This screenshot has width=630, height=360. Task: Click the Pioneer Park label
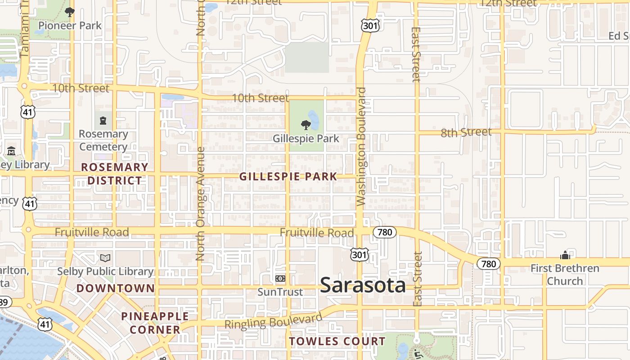tap(70, 26)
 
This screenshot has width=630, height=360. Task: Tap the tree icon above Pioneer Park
tap(69, 12)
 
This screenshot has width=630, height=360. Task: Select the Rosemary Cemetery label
tap(103, 140)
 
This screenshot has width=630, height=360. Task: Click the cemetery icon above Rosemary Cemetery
tap(103, 120)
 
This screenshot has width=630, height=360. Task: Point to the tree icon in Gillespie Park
tap(306, 125)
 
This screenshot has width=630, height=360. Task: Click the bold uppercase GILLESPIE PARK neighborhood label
tap(288, 176)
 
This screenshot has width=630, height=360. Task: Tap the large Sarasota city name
tap(363, 285)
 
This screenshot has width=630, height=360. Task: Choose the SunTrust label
tap(280, 292)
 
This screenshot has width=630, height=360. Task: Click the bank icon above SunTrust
tap(280, 279)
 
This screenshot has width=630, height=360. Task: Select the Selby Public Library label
tap(105, 271)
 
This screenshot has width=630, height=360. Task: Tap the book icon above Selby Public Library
tap(105, 258)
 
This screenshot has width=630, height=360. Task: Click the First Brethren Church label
tap(565, 274)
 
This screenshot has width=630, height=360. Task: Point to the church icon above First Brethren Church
tap(565, 256)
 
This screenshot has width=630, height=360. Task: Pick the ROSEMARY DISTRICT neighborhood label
tap(115, 174)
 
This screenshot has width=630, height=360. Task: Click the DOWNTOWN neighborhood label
tap(116, 288)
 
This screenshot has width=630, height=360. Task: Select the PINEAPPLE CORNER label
tap(155, 323)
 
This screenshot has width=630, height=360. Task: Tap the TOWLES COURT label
tap(337, 342)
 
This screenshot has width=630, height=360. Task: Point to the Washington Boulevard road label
tap(361, 146)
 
